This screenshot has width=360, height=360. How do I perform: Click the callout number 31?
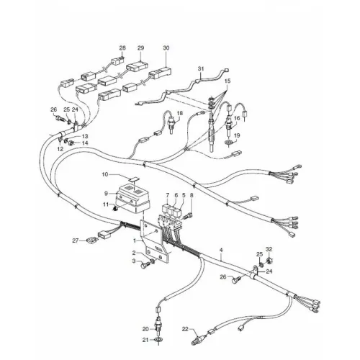201,68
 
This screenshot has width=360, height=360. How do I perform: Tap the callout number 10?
105,174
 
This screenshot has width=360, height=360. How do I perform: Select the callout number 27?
76,240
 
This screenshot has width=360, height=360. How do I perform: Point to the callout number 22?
185,329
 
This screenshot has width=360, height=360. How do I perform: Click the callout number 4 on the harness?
221,250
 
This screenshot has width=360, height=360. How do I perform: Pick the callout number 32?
269,249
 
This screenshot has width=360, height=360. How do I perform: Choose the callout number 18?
179,113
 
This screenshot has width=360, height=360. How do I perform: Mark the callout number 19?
237,136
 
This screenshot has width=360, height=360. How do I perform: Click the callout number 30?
166,48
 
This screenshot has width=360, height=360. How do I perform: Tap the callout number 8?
192,195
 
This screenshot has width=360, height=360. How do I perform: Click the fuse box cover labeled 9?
132,198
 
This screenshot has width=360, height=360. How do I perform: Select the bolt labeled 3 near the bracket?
145,265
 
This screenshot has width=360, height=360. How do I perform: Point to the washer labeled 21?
158,340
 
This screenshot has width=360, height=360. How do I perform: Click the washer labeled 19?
228,143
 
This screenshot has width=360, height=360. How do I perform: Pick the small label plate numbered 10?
135,179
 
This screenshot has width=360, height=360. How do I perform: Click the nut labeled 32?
269,260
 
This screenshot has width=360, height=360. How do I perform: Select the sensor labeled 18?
171,124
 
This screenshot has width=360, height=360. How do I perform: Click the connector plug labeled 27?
91,240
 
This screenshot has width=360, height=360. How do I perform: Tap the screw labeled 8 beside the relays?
187,217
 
